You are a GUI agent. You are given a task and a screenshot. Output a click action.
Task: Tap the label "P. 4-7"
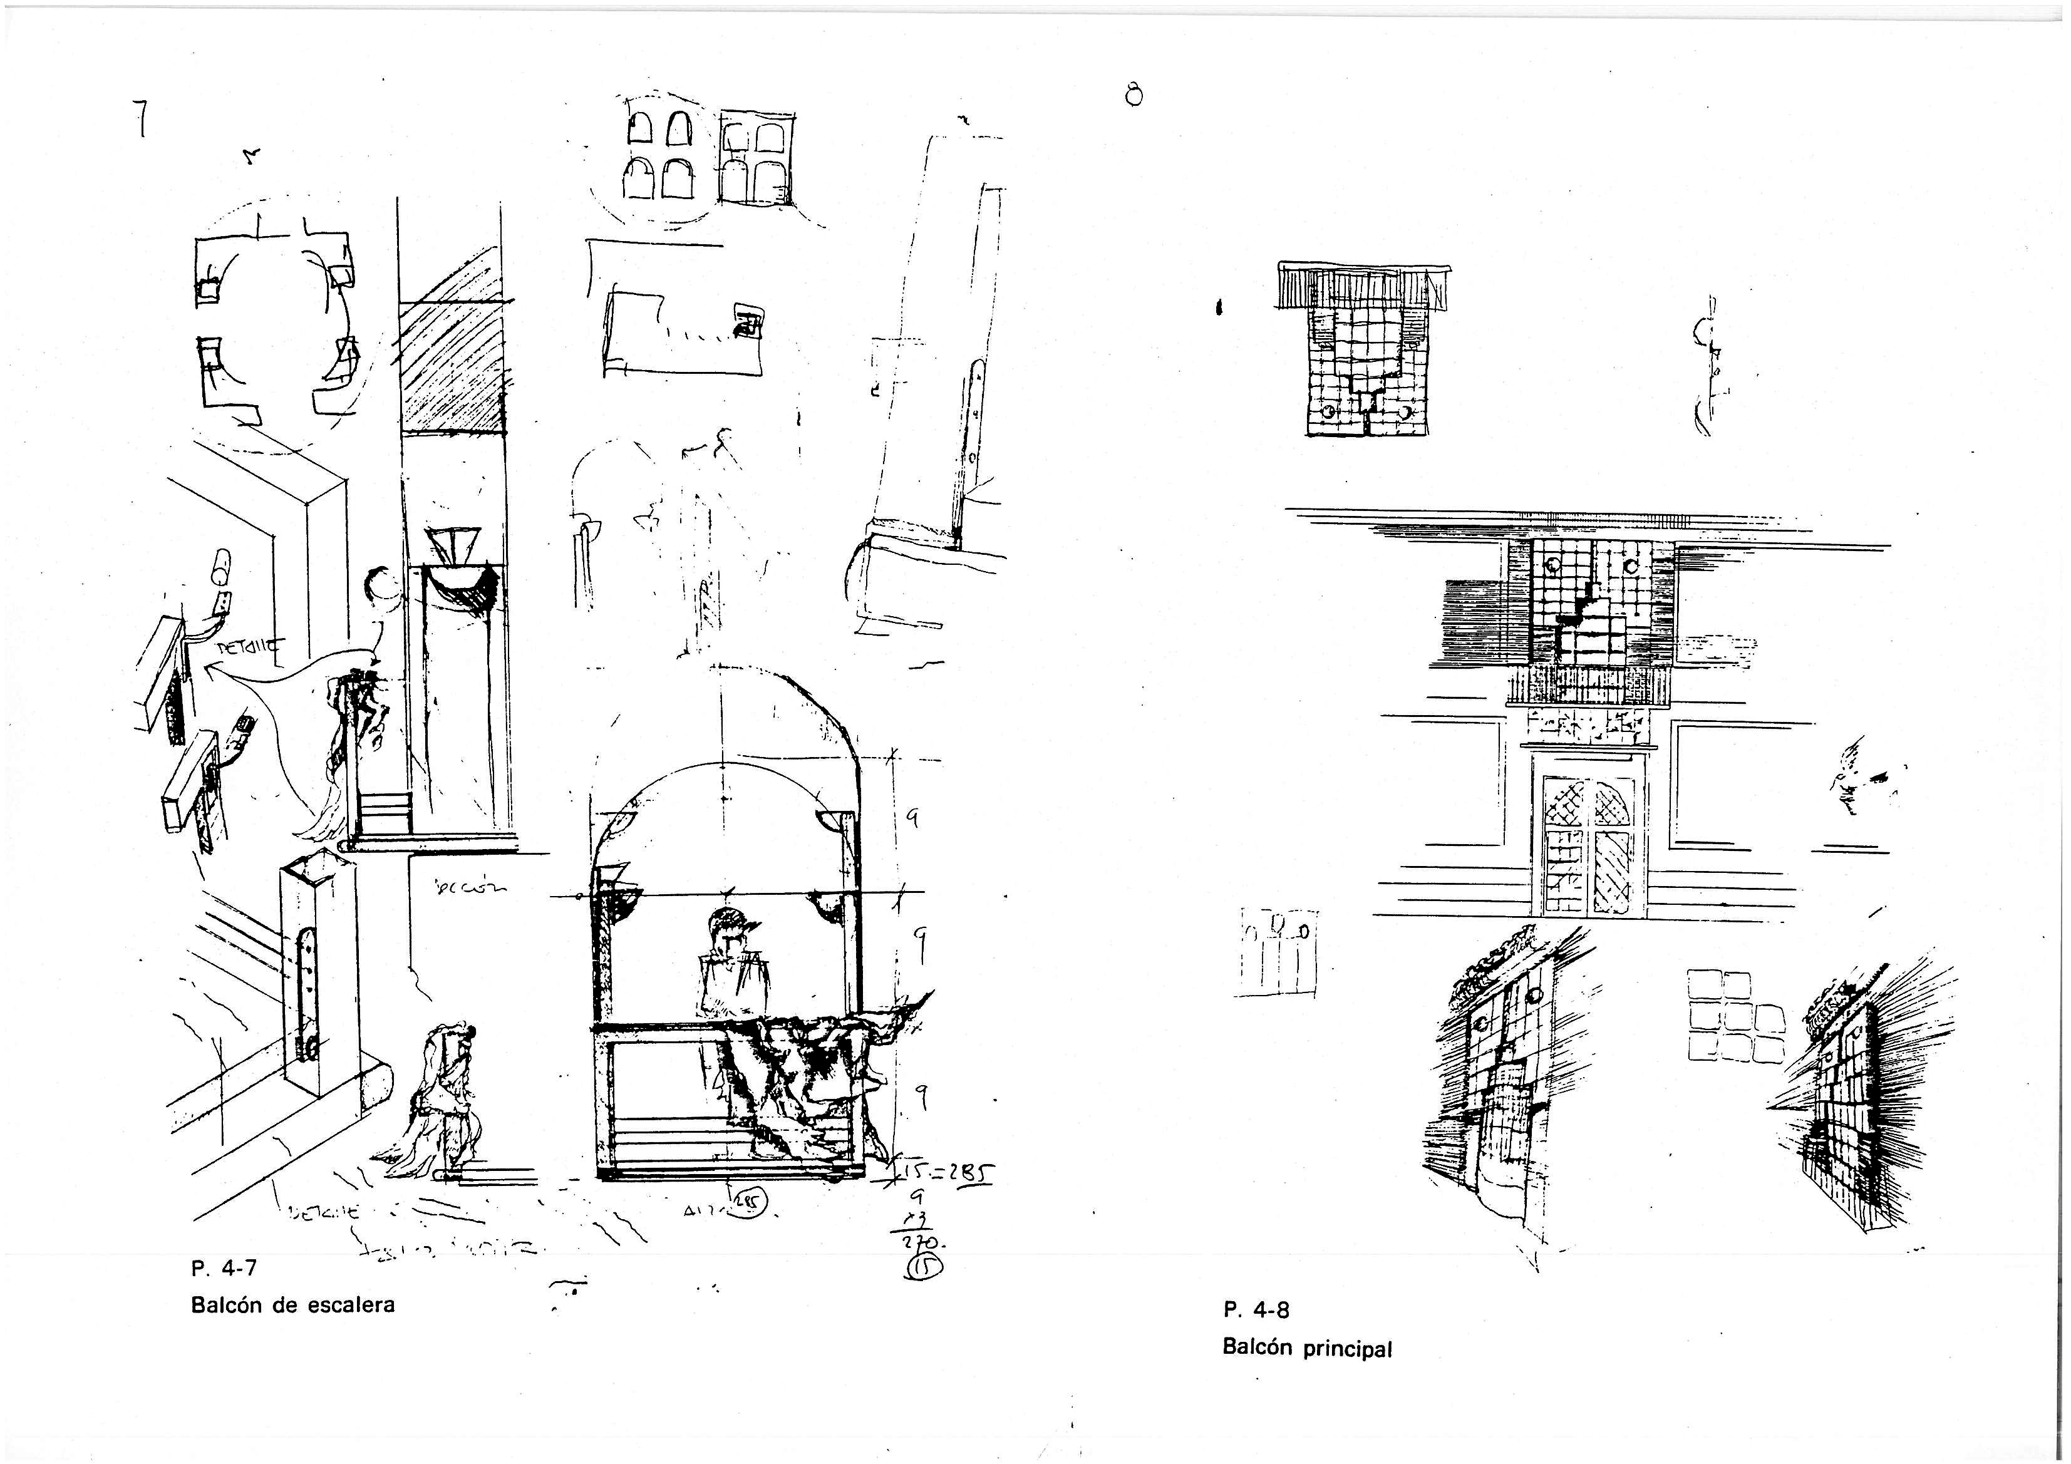224,1268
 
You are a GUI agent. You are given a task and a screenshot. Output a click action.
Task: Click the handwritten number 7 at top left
141,118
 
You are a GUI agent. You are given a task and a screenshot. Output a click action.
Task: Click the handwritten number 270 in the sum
926,1245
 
